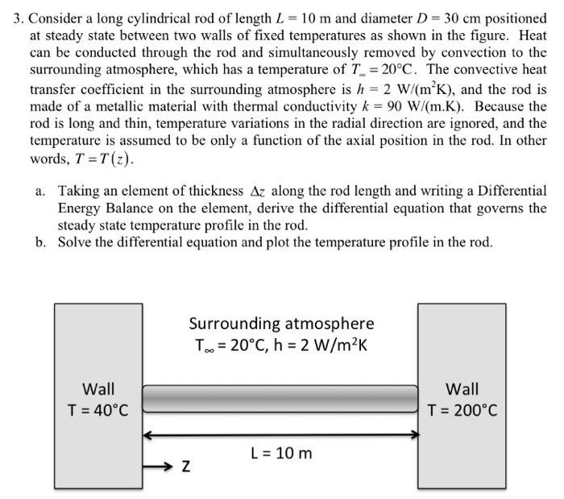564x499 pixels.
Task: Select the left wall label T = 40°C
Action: click(x=97, y=410)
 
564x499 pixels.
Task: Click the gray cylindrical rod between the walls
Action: click(x=280, y=399)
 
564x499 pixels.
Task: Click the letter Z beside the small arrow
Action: click(x=185, y=467)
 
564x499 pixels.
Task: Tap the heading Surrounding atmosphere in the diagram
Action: click(x=281, y=324)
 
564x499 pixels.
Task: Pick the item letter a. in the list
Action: click(x=39, y=191)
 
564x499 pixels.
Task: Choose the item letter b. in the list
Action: click(x=39, y=241)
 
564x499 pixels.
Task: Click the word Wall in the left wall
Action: click(x=98, y=389)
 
